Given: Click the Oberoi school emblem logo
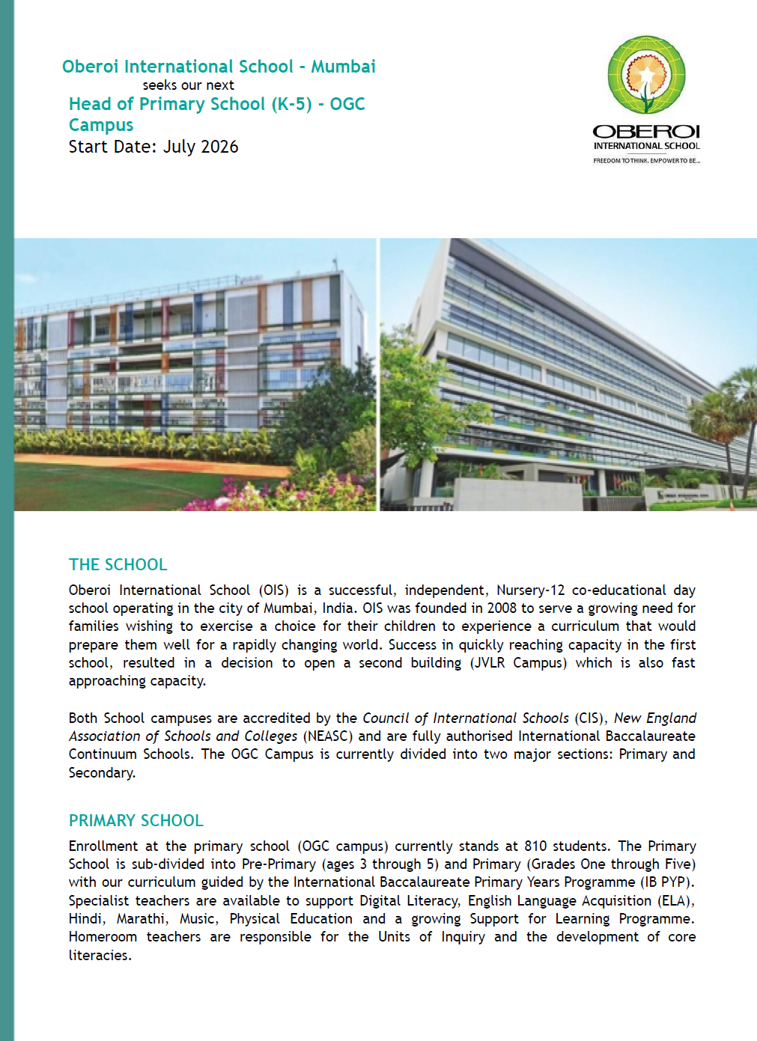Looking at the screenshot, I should tap(646, 76).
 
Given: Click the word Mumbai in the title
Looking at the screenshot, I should tap(343, 67).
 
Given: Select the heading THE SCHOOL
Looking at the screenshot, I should tap(118, 564).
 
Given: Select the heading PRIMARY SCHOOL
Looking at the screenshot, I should tap(136, 820).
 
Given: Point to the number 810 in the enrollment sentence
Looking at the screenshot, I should tap(535, 846).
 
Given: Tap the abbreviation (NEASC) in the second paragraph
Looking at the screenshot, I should tap(327, 736).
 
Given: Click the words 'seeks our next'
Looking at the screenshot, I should tap(189, 85).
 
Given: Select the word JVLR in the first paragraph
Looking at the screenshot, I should tap(487, 662).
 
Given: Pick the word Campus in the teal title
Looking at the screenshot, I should tap(101, 125).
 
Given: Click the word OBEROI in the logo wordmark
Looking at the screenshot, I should tap(646, 132).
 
